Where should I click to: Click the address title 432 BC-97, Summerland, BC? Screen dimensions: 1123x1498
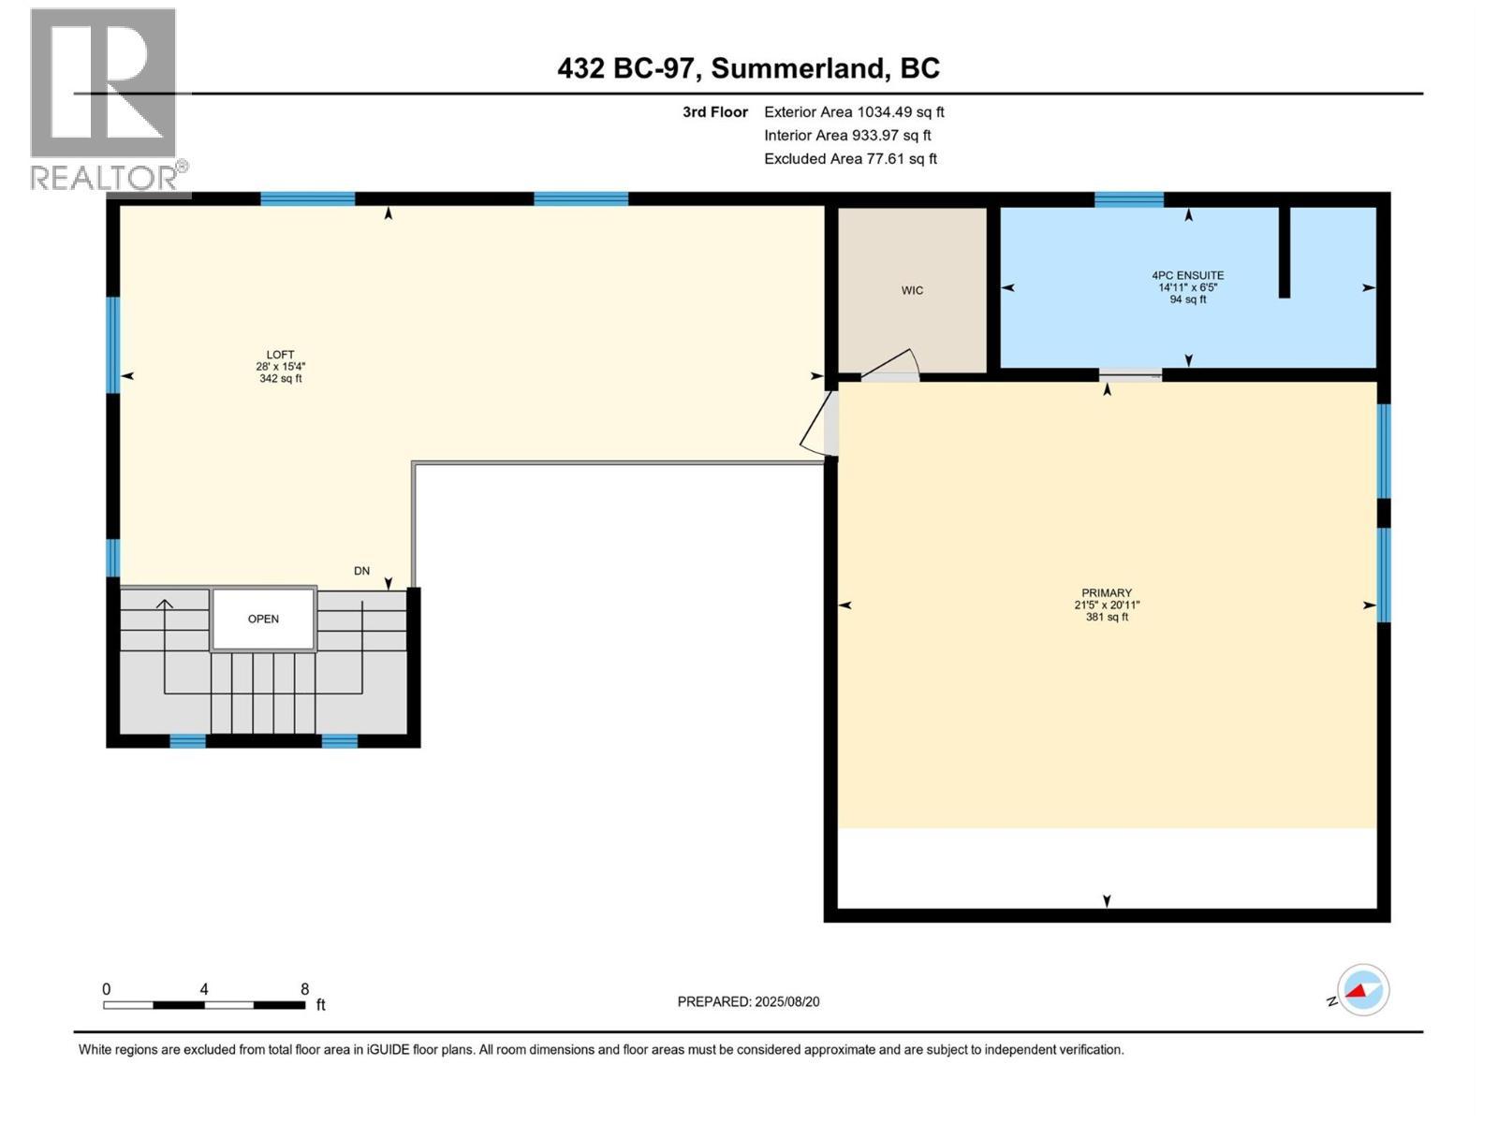(x=748, y=68)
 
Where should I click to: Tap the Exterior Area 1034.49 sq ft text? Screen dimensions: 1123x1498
(x=853, y=111)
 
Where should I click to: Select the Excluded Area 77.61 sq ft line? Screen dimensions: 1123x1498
(x=849, y=158)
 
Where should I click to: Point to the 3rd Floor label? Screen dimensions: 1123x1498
(x=714, y=111)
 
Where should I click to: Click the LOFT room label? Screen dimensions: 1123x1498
(x=280, y=355)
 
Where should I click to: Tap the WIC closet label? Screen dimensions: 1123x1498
(x=912, y=290)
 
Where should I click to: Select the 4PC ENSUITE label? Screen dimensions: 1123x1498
(x=1187, y=275)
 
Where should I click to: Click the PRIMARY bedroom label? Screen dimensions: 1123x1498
(x=1107, y=592)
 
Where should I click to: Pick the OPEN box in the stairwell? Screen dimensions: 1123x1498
(x=263, y=619)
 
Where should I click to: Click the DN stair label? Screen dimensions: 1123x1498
(x=361, y=570)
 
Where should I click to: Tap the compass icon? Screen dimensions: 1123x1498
(x=1362, y=990)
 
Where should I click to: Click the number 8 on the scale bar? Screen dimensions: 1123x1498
(x=304, y=988)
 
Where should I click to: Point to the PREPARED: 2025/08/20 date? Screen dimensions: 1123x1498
(x=748, y=1001)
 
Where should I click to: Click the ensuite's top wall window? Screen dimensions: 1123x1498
(x=1128, y=198)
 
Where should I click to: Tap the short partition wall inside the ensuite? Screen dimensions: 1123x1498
(x=1285, y=251)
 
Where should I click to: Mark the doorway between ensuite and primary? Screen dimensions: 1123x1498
(x=1130, y=375)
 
